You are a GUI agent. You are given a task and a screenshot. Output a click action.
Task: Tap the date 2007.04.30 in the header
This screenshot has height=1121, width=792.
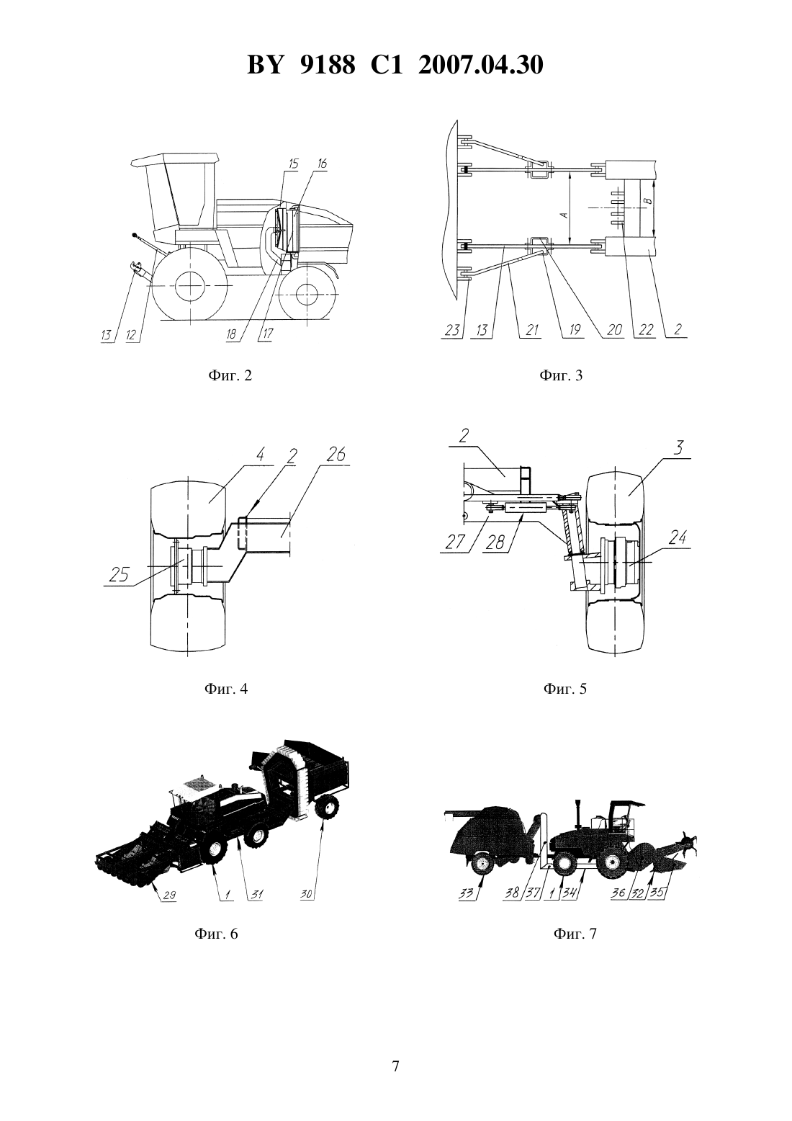click(480, 66)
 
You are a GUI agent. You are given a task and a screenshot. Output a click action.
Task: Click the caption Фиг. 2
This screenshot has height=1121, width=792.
click(230, 375)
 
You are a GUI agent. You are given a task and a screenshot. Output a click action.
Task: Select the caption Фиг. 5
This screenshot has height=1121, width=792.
click(565, 689)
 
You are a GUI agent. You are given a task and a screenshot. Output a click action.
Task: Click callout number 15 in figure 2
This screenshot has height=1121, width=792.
click(293, 163)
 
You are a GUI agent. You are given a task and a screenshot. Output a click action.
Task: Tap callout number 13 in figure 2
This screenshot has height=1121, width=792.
click(107, 335)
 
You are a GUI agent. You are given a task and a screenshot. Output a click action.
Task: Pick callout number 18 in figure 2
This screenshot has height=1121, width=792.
click(232, 334)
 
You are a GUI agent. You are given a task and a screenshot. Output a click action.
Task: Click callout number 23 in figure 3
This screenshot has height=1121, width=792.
click(452, 329)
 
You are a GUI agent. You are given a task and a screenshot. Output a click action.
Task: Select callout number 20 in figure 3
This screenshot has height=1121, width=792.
click(614, 329)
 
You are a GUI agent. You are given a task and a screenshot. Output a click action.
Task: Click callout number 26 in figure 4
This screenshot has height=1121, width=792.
click(336, 455)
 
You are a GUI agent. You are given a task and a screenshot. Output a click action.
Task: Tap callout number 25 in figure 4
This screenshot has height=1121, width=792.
click(119, 574)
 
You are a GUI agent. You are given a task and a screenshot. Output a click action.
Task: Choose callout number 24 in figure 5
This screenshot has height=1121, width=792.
click(677, 538)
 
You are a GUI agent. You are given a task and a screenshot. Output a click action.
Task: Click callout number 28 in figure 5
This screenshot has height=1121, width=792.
click(495, 542)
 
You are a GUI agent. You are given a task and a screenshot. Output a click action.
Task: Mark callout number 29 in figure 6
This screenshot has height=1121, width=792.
click(169, 895)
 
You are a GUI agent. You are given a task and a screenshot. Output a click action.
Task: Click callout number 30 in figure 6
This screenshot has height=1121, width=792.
click(307, 894)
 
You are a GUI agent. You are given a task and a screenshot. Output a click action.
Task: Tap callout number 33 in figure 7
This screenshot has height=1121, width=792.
click(466, 893)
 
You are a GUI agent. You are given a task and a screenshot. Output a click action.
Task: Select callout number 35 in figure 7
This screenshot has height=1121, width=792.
click(660, 893)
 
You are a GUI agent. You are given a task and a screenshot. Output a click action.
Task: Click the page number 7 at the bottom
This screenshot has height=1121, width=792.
click(395, 1066)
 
